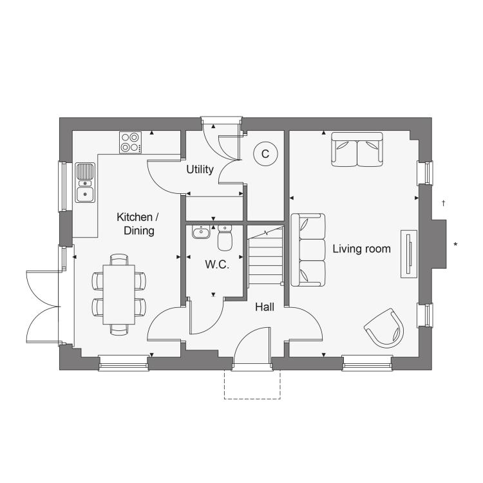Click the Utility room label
[x=200, y=170]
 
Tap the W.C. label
[x=217, y=264]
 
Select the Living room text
[x=362, y=249]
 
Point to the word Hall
[x=265, y=307]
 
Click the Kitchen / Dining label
[x=138, y=224]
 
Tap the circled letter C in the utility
[x=265, y=154]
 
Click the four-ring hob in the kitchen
[x=131, y=142]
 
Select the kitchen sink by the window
[x=85, y=183]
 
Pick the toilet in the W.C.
[x=225, y=238]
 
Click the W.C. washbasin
[x=201, y=232]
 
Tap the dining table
[x=119, y=294]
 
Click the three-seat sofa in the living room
[x=308, y=250]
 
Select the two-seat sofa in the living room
[x=357, y=149]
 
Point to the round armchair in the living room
[x=384, y=328]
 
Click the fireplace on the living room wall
[x=409, y=254]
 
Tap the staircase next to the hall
[x=266, y=256]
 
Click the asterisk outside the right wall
[x=455, y=245]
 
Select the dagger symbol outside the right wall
[x=444, y=203]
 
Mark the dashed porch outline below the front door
[x=252, y=399]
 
